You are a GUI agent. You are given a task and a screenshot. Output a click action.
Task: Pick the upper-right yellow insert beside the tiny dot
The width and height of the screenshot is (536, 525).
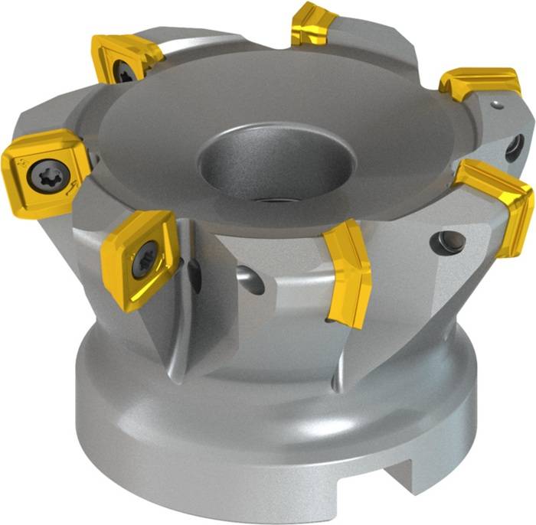pyautogui.click(x=479, y=83)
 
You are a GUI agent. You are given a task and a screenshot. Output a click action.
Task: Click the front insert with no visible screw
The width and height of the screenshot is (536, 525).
pyautogui.click(x=349, y=272)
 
